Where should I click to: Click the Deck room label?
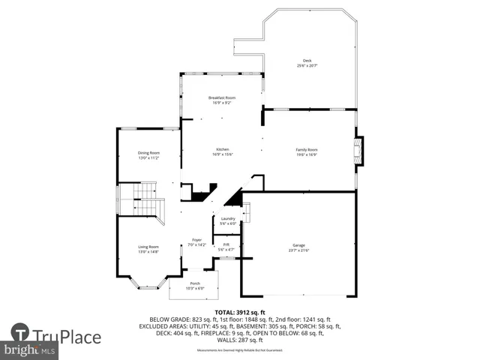click(x=307, y=61)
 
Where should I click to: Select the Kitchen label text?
click(x=222, y=149)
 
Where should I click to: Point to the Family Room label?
click(x=307, y=149)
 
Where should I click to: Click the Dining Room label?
click(x=149, y=153)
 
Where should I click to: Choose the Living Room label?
click(x=148, y=247)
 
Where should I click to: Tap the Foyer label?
click(x=196, y=240)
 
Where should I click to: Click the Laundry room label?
click(x=228, y=218)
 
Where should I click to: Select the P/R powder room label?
click(x=226, y=244)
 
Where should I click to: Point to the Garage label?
click(x=298, y=245)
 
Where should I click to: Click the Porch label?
click(x=194, y=283)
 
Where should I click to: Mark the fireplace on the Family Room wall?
click(x=358, y=150)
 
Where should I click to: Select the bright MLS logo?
click(x=30, y=350)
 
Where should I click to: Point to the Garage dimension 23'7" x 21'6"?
click(x=298, y=250)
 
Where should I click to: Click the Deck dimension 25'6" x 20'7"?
click(x=307, y=66)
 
